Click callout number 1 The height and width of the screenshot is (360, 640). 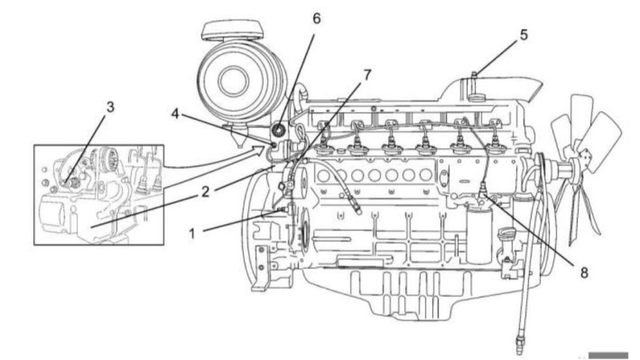(x=192, y=234)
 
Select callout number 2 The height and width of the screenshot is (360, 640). (x=205, y=191)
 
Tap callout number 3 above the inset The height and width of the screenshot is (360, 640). (x=110, y=107)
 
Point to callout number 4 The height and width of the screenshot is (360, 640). (x=175, y=114)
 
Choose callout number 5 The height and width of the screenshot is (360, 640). (x=524, y=35)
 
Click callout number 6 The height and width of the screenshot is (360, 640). (x=317, y=18)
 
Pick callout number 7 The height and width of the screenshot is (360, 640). (x=367, y=75)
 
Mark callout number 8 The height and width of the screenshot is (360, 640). (x=584, y=273)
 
